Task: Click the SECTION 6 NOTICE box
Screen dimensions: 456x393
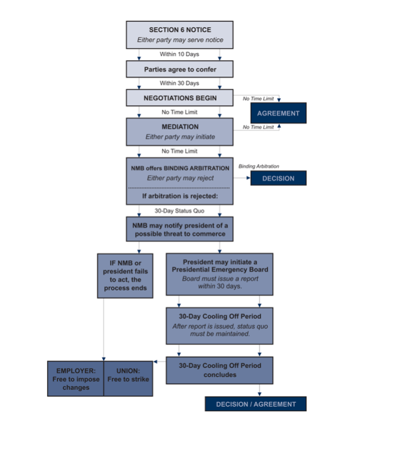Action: pyautogui.click(x=179, y=35)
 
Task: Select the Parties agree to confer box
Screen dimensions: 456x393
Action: pyautogui.click(x=179, y=69)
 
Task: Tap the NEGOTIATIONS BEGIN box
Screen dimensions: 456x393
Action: pyautogui.click(x=179, y=98)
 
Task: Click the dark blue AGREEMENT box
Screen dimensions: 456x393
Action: pyautogui.click(x=278, y=113)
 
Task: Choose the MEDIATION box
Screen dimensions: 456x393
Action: pyautogui.click(x=179, y=131)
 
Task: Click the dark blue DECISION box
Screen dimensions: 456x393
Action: pyautogui.click(x=278, y=178)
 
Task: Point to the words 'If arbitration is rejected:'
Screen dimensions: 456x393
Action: pyautogui.click(x=179, y=196)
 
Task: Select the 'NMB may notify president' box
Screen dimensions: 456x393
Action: pyautogui.click(x=179, y=229)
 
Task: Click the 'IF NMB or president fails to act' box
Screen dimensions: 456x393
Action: pyautogui.click(x=125, y=275)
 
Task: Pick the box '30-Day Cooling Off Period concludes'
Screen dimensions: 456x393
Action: pyautogui.click(x=219, y=370)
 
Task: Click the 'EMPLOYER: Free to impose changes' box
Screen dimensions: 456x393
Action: pyautogui.click(x=75, y=379)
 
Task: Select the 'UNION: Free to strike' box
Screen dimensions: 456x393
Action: pyautogui.click(x=128, y=379)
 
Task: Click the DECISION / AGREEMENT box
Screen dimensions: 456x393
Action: pyautogui.click(x=256, y=404)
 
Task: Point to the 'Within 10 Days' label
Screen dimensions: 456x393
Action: pyautogui.click(x=179, y=54)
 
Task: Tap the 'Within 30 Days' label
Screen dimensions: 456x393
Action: pyautogui.click(x=179, y=83)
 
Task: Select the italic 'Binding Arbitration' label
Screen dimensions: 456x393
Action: pyautogui.click(x=259, y=166)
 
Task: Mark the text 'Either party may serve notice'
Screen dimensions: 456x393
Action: pyautogui.click(x=179, y=40)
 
